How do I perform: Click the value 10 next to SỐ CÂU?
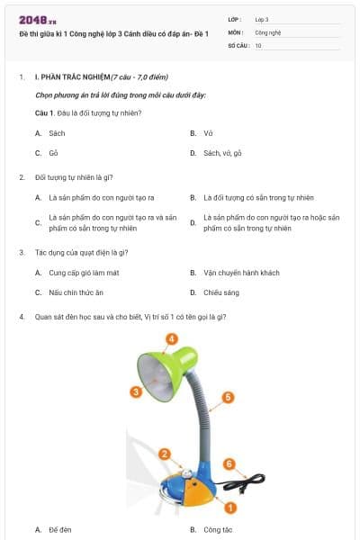258,45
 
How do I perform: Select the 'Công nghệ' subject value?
267,31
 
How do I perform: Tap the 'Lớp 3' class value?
262,18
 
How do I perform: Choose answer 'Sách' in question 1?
57,132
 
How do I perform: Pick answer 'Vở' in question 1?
208,132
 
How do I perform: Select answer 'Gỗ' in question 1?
54,153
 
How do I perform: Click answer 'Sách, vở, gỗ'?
222,153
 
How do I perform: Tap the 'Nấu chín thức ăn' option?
76,292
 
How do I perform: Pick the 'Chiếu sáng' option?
220,292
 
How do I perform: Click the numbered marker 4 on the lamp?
171,339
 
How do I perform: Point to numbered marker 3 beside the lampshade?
136,391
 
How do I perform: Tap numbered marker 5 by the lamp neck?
228,396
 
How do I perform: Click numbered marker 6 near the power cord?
229,464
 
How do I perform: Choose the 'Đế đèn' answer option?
60,529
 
